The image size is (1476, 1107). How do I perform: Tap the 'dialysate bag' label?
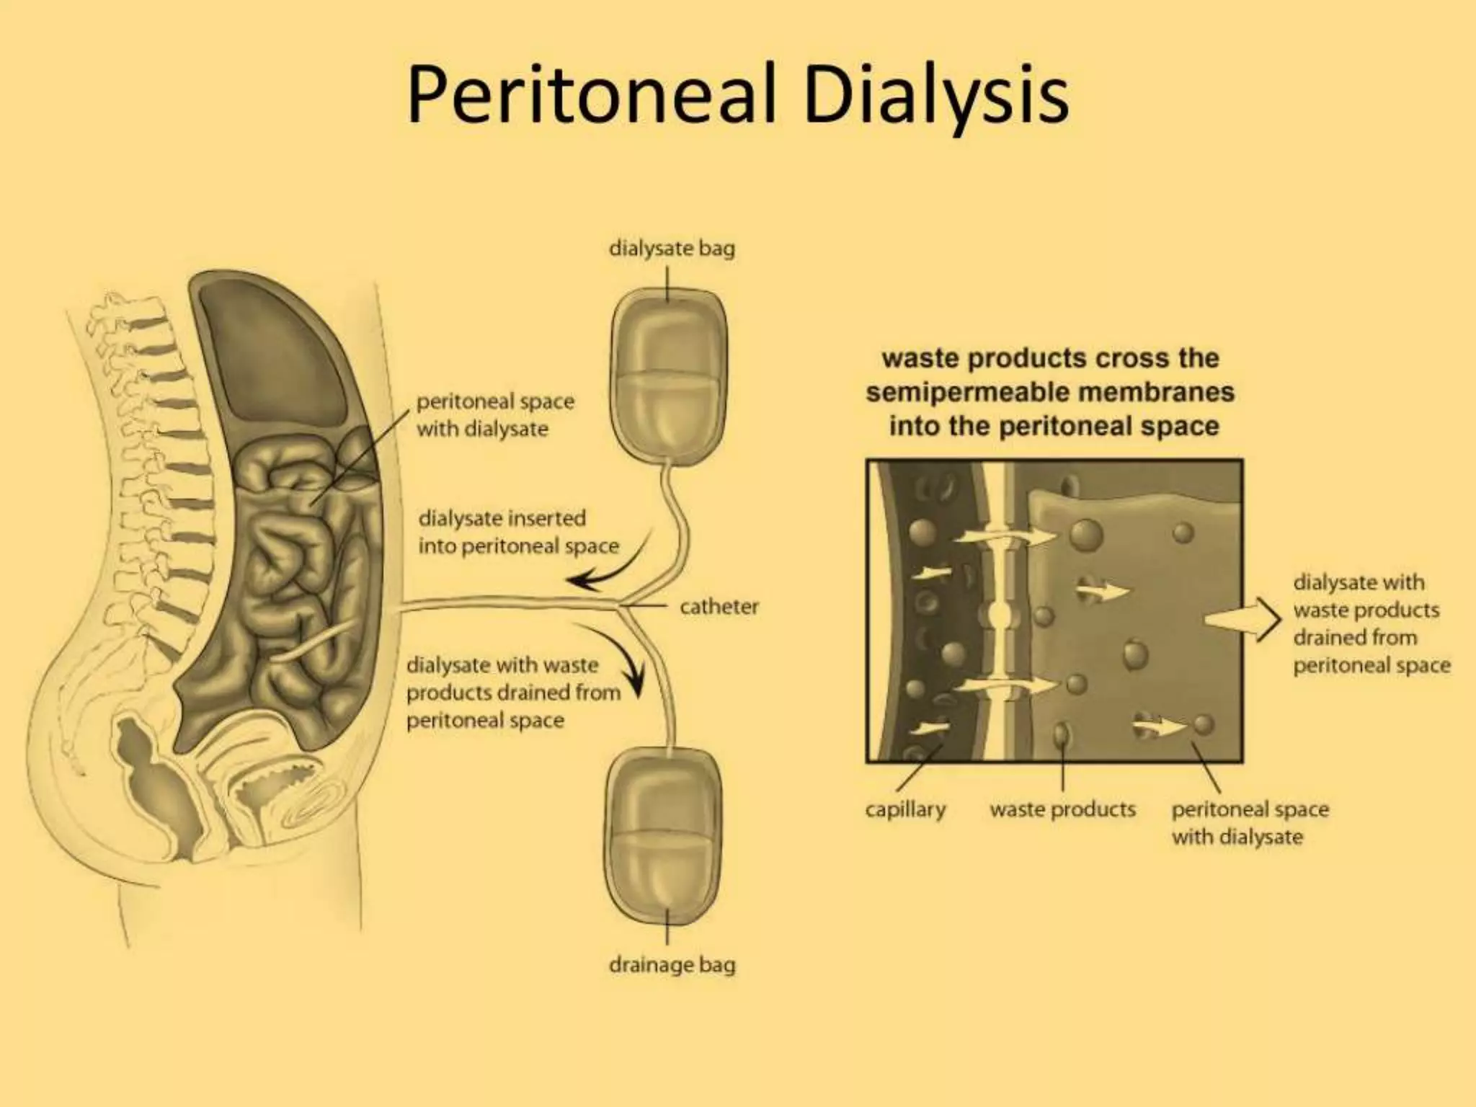tap(672, 249)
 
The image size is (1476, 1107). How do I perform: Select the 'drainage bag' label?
tap(672, 964)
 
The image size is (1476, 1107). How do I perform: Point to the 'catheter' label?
tap(719, 607)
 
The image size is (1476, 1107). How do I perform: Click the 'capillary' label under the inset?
tap(905, 809)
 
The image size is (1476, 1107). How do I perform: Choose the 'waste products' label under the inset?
tap(1062, 809)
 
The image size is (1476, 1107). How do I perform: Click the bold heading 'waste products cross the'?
tap(1050, 358)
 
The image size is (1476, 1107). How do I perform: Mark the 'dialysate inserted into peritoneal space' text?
tap(517, 532)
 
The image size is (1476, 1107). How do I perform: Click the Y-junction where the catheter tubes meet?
tap(621, 605)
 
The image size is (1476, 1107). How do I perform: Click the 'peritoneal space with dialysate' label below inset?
tap(1249, 823)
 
